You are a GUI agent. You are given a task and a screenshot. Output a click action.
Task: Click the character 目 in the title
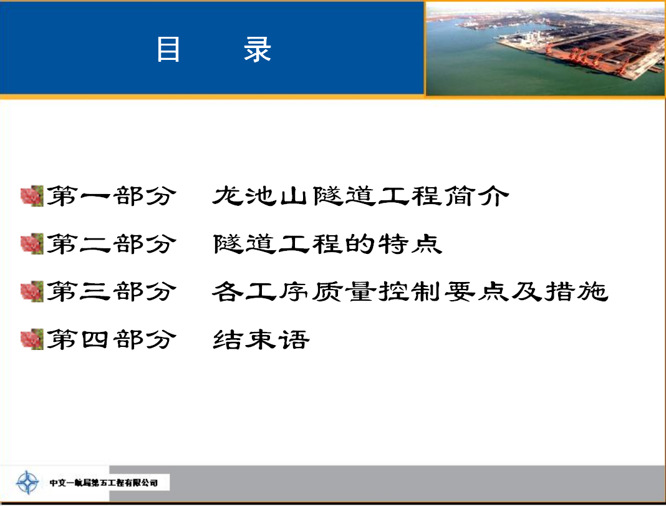[168, 49]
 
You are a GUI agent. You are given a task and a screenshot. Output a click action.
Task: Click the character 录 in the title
[258, 49]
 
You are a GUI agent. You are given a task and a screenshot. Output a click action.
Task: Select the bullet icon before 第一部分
[32, 196]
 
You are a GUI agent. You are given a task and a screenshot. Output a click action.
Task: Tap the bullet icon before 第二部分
[32, 244]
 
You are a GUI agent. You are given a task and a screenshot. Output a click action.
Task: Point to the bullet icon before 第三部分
[32, 291]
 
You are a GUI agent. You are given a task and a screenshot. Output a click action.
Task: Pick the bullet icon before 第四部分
[32, 339]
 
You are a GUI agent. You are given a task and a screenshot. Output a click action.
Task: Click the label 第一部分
[111, 196]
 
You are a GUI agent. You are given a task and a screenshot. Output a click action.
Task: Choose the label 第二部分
[111, 244]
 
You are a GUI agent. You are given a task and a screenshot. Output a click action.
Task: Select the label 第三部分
[111, 291]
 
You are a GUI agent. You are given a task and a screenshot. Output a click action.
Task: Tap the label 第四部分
[111, 339]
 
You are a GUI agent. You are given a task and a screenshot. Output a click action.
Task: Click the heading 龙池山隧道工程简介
[360, 196]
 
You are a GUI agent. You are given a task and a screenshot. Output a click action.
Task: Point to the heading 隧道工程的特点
[327, 244]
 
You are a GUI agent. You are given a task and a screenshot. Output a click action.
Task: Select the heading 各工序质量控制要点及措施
[410, 291]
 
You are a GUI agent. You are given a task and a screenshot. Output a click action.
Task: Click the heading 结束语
[261, 339]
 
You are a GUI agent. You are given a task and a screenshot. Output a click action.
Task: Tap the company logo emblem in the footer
[27, 482]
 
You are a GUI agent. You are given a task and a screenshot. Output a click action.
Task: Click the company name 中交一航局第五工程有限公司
[104, 483]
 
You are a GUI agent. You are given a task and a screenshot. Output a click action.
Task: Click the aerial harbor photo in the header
[546, 49]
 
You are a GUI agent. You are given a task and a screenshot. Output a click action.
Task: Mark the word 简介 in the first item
[476, 196]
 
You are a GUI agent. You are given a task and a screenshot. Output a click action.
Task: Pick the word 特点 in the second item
[410, 244]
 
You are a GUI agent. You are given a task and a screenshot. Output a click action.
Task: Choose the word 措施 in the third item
[577, 291]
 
